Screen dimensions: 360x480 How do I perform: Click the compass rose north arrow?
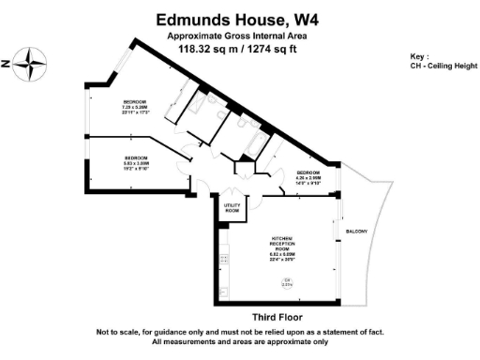[33, 65]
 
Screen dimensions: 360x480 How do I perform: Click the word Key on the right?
[418, 56]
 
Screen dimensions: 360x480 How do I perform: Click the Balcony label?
[356, 232]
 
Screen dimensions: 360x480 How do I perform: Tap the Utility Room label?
[232, 211]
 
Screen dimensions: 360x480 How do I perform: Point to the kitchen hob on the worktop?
[224, 258]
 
